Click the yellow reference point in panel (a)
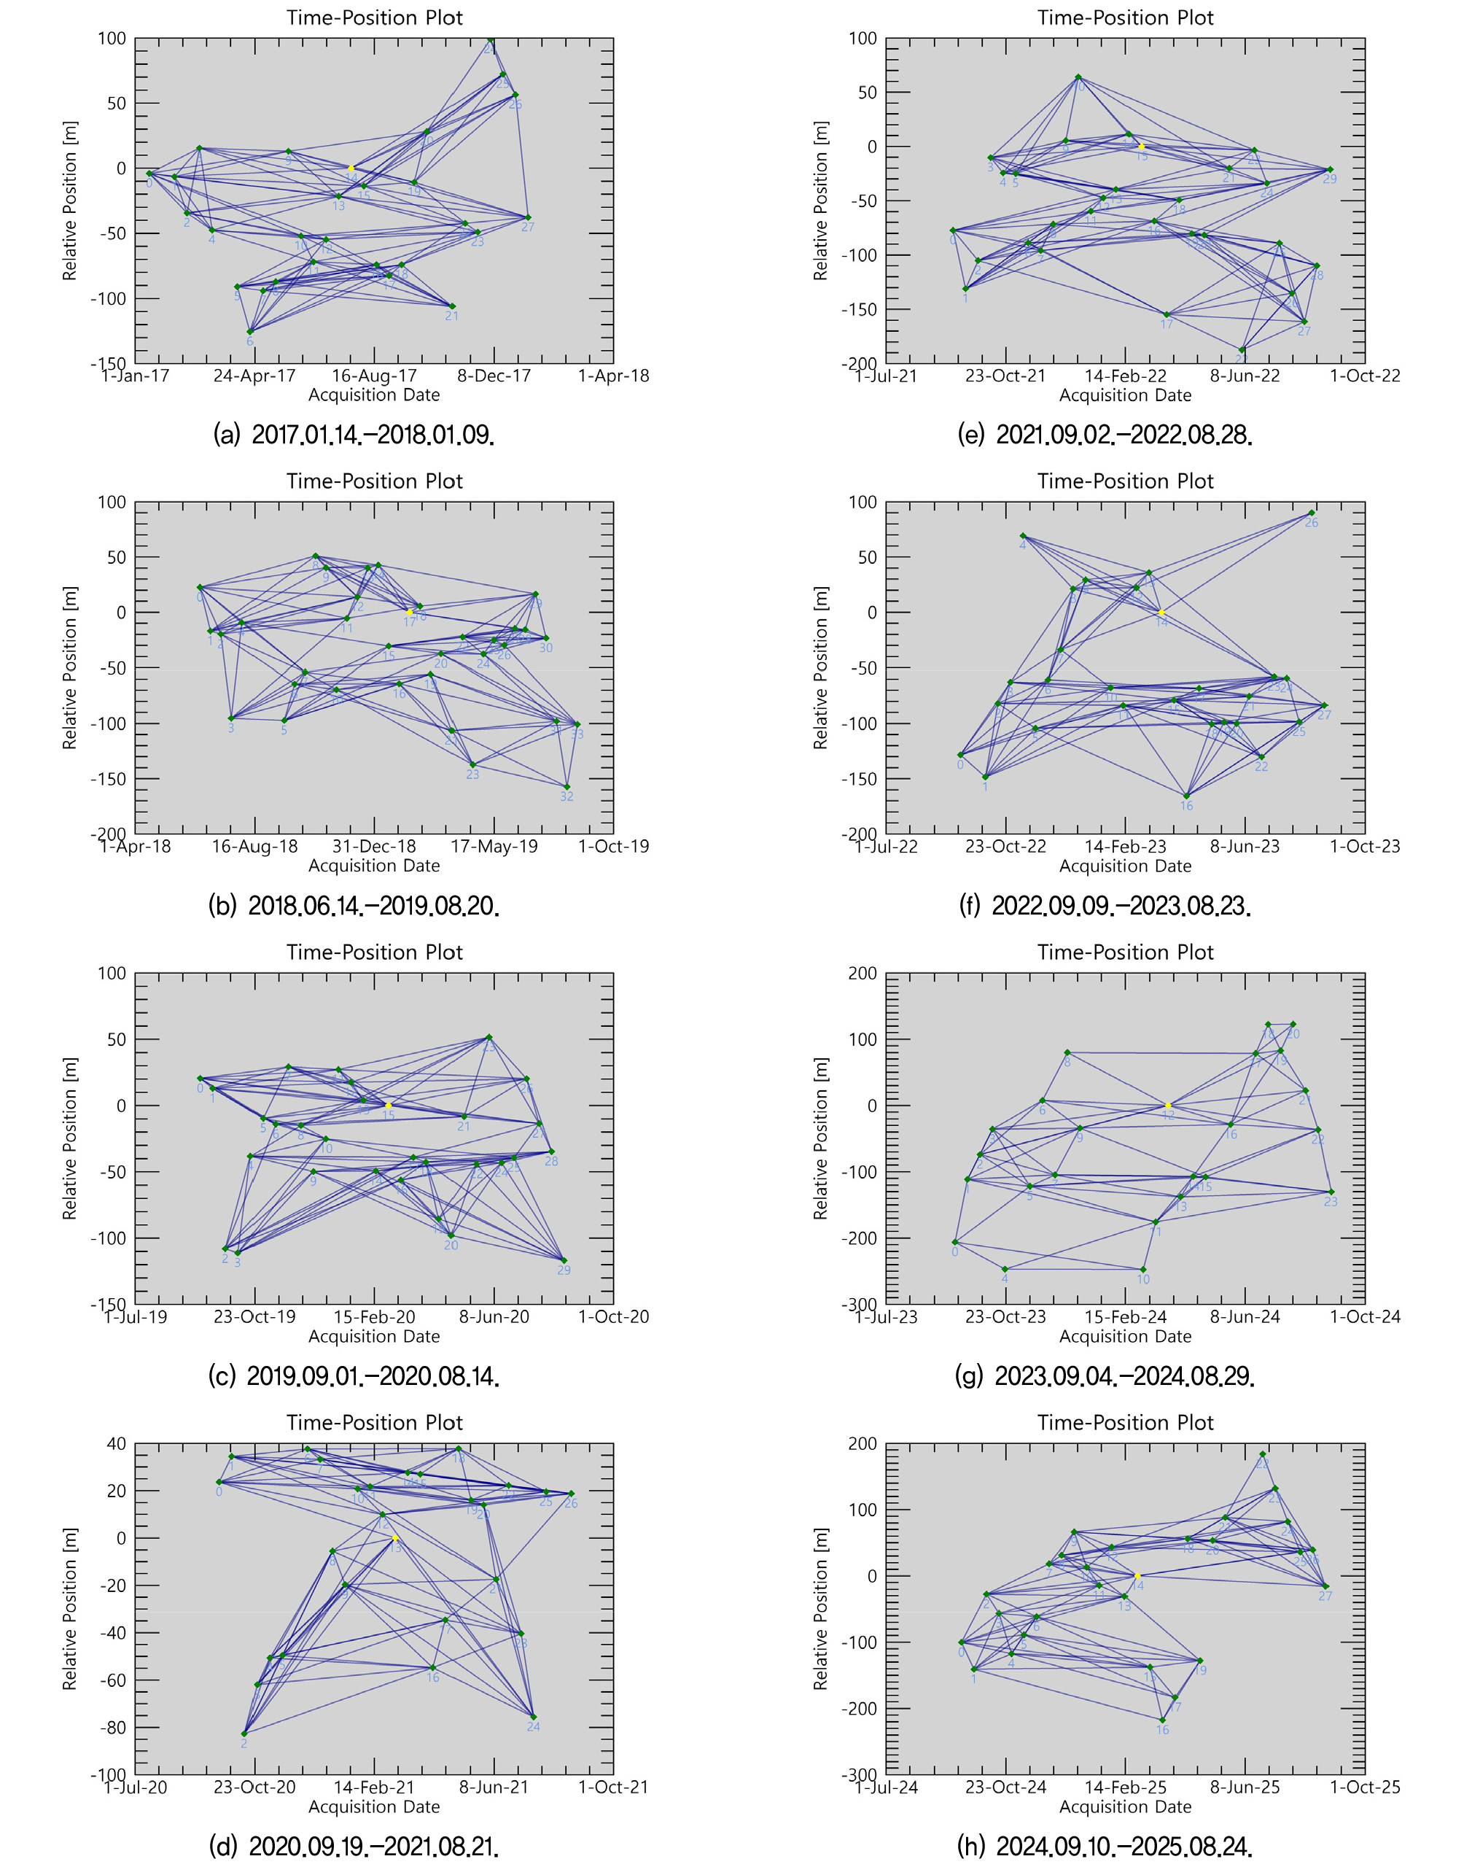(351, 168)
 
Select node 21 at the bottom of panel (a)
(452, 306)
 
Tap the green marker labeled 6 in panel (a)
(250, 332)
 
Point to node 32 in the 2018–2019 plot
(566, 787)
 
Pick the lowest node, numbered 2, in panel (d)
(244, 1734)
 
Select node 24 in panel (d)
(533, 1717)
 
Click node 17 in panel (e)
(1167, 314)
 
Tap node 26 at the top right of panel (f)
(1312, 513)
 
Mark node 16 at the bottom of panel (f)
(1186, 796)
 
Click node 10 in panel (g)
(1143, 1270)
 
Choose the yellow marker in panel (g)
(1167, 1106)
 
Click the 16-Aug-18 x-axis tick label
(254, 847)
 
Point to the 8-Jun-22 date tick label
(1245, 376)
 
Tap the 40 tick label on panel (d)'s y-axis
(115, 1445)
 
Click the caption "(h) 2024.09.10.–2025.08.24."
(1104, 1844)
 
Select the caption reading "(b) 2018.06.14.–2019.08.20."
(353, 905)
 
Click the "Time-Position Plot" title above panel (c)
(375, 952)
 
